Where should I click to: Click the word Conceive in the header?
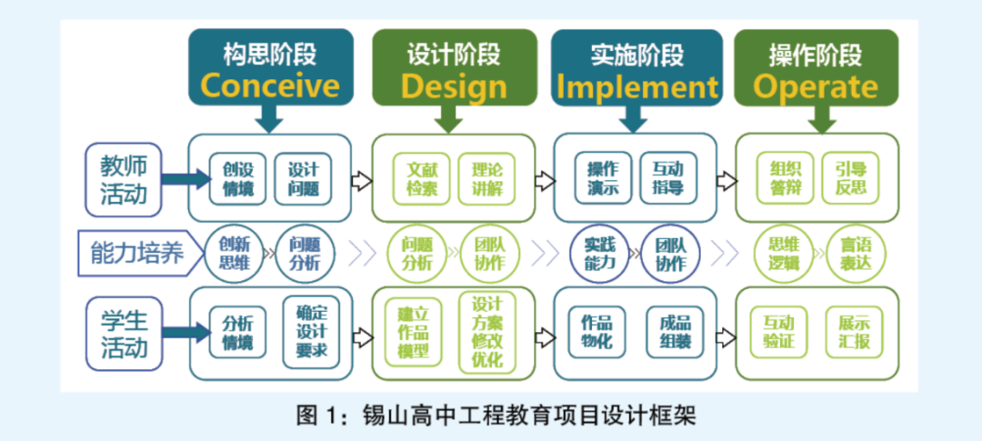click(270, 86)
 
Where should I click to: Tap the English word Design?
click(454, 87)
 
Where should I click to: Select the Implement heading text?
click(637, 87)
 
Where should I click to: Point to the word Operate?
click(816, 87)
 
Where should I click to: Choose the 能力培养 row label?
click(137, 253)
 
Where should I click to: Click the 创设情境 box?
click(238, 178)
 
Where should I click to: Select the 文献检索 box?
click(422, 178)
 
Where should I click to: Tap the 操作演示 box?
click(603, 178)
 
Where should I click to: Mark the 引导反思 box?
click(850, 178)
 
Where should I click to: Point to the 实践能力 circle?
click(600, 253)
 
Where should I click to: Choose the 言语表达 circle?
click(855, 253)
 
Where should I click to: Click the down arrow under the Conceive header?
click(270, 117)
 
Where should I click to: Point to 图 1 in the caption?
click(317, 416)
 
